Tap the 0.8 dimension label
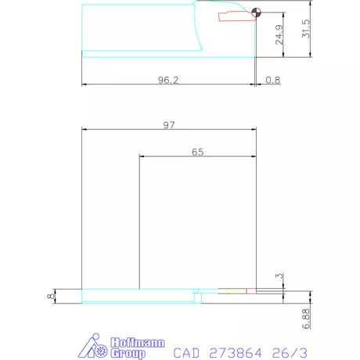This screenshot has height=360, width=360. click(273, 80)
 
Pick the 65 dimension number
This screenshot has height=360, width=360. click(197, 153)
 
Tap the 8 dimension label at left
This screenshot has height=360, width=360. click(49, 296)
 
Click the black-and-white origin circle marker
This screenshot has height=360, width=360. click(257, 13)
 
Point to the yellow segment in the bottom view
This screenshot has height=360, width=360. click(233, 292)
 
